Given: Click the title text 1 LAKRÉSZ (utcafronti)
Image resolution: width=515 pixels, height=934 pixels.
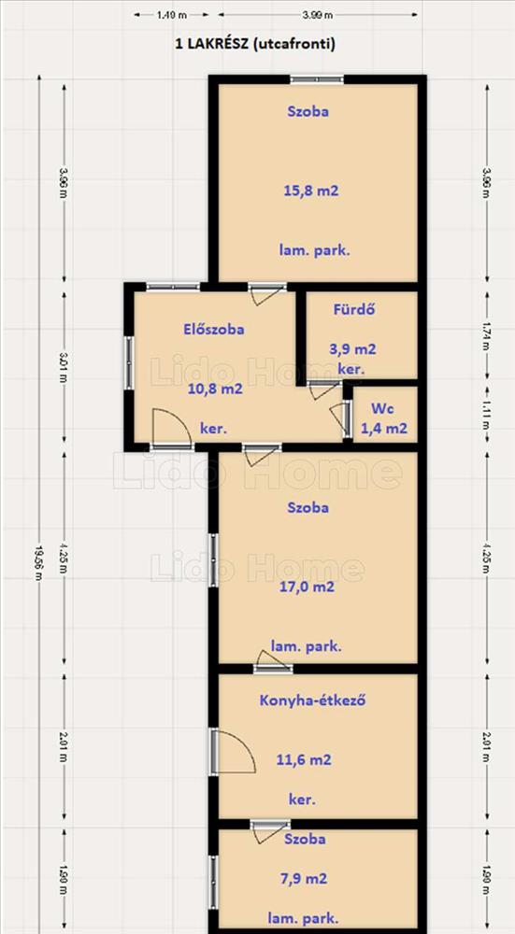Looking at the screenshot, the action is point(255,44).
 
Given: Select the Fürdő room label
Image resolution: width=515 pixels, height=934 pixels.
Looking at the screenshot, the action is point(354,310).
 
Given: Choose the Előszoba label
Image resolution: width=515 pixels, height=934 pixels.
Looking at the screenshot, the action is point(213,329).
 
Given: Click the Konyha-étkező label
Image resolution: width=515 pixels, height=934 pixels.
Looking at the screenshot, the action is point(312,700).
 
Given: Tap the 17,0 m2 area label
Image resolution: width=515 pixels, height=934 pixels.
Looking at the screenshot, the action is point(307,587).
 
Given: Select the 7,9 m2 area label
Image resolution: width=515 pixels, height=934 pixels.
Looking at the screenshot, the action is point(304,879).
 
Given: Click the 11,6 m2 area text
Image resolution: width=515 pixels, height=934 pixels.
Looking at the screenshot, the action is point(304,760).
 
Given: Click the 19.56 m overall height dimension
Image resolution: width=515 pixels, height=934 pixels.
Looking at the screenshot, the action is point(39,504).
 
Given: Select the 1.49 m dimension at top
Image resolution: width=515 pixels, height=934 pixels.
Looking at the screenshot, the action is point(172,16).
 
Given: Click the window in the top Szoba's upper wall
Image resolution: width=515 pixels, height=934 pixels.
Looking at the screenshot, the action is point(317,79).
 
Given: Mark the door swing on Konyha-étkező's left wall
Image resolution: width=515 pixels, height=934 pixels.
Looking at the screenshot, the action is point(234,753).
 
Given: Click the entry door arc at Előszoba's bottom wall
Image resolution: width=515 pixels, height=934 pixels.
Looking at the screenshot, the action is point(171,429).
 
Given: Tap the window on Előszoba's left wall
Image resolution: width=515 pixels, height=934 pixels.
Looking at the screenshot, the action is point(129,363).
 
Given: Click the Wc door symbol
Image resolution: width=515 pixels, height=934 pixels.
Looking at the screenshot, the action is point(341,419).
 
